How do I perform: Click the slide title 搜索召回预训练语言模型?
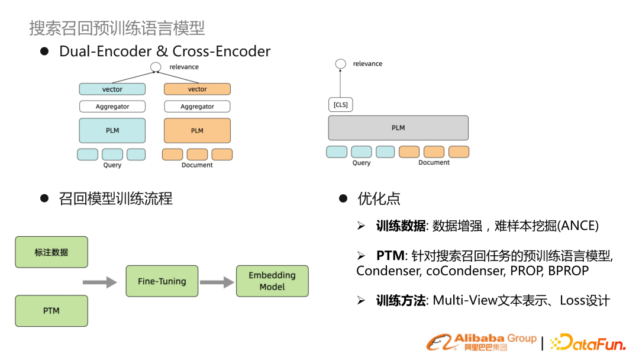coord(117,28)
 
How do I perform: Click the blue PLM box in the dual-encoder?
coord(112,130)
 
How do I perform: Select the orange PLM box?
coord(197,130)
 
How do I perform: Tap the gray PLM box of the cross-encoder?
coord(398,128)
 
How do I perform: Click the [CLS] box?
coord(340,105)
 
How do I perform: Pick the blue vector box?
coord(112,89)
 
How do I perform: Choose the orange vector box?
coord(197,89)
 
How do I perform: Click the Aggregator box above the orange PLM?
coord(197,107)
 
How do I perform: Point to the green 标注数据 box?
coord(51,252)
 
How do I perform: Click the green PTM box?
coord(51,311)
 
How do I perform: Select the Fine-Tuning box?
coord(162,281)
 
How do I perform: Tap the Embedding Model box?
coord(272,281)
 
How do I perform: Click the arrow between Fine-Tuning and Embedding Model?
coord(217,282)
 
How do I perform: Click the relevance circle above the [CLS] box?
coord(340,64)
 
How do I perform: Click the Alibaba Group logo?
coord(482,342)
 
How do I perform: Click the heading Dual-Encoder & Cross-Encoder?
coord(164,52)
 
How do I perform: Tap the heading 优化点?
coord(379,198)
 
